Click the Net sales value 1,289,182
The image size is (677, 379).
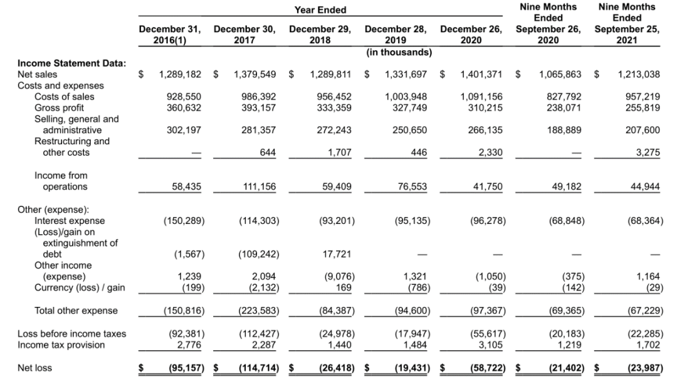181,74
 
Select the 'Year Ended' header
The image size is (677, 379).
320,10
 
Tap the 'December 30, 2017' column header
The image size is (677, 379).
245,35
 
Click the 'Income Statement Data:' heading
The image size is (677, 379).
71,63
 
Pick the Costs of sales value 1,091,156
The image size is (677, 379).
481,97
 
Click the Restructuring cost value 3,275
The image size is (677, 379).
646,152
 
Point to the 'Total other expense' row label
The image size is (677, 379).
76,311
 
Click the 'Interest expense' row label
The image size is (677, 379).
70,221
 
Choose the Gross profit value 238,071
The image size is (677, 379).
564,108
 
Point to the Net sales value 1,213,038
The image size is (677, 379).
638,74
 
